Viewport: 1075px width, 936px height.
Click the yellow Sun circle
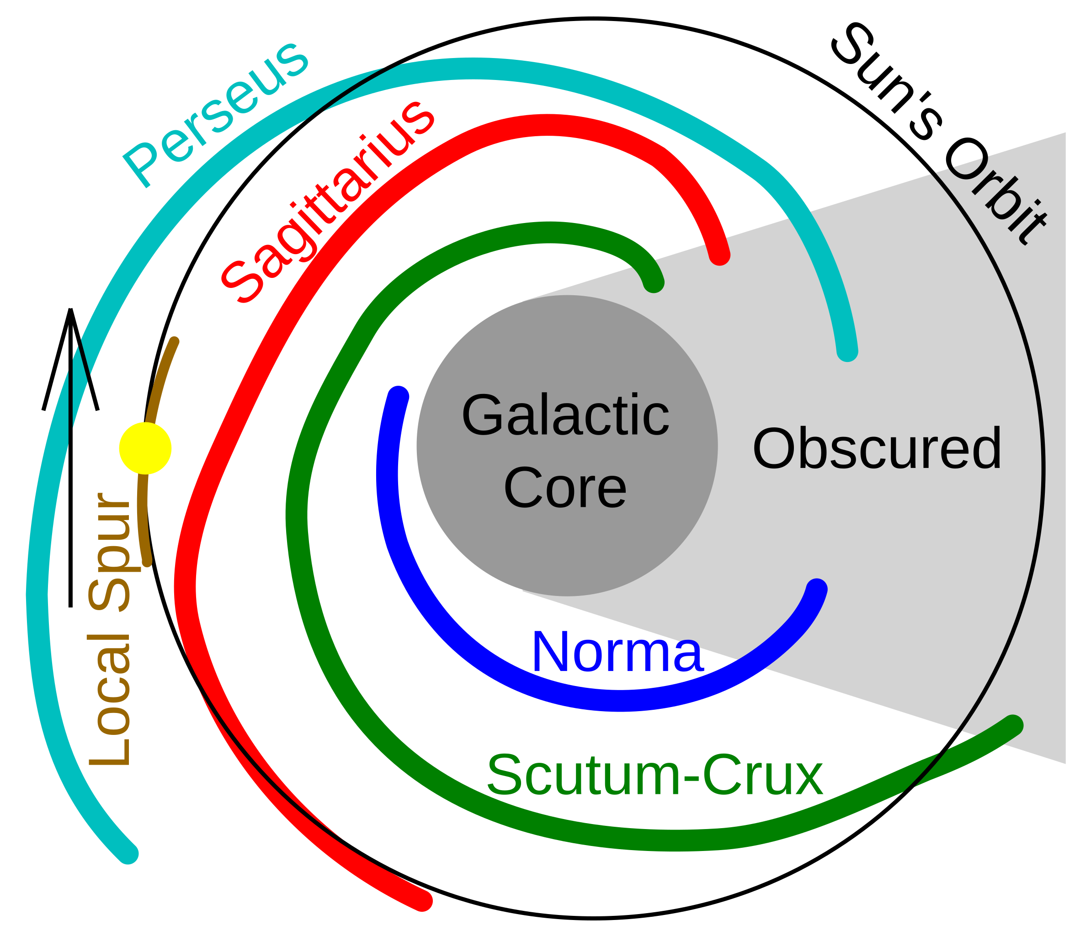(x=145, y=448)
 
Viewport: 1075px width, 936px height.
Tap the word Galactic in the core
(x=565, y=415)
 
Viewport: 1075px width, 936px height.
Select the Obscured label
(x=877, y=448)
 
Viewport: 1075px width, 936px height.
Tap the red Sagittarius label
(x=328, y=202)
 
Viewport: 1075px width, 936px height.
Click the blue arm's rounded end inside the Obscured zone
(x=816, y=589)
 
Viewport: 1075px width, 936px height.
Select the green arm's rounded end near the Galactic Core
(x=654, y=282)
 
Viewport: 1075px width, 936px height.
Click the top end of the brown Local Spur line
(x=175, y=341)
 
